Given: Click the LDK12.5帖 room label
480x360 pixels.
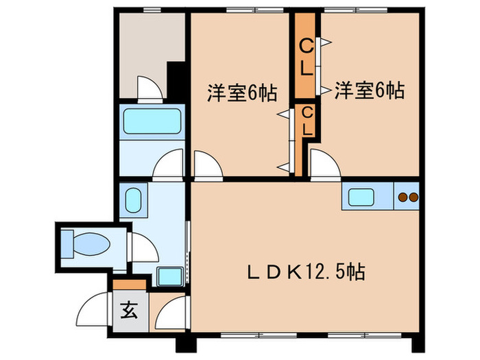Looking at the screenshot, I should (x=305, y=272).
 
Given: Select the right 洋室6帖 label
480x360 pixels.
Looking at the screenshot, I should (x=369, y=91).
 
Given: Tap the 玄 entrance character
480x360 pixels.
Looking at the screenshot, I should (x=128, y=309).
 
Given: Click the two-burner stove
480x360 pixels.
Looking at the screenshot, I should (x=407, y=197).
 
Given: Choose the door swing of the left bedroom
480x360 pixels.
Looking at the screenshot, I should (x=206, y=166).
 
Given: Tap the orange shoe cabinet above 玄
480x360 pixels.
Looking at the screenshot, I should (x=129, y=283).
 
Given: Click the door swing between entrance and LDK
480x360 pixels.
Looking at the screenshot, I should (x=170, y=312).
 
